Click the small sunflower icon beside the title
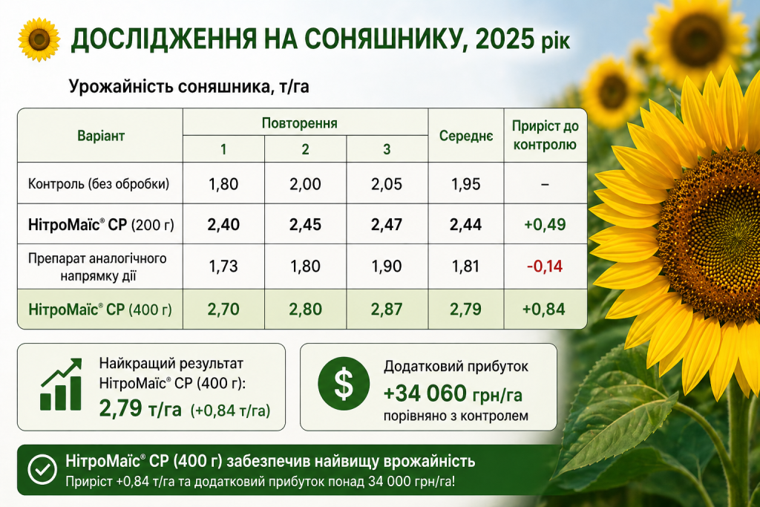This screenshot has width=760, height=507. pyautogui.click(x=39, y=39)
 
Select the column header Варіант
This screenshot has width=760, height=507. pyautogui.click(x=101, y=136)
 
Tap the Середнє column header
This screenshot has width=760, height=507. pyautogui.click(x=466, y=136)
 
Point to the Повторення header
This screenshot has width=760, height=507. pyautogui.click(x=300, y=123)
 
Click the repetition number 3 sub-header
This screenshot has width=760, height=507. pyautogui.click(x=387, y=149)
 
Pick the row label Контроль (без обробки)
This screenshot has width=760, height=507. pyautogui.click(x=99, y=184)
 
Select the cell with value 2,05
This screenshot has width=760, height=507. pyautogui.click(x=387, y=184)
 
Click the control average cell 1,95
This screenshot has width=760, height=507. pyautogui.click(x=466, y=184)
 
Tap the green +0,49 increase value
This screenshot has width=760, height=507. pyautogui.click(x=545, y=224)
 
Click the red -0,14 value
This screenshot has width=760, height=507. pyautogui.click(x=545, y=266)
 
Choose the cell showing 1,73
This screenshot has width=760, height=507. pyautogui.click(x=223, y=266)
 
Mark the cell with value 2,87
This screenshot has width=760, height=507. pyautogui.click(x=387, y=310)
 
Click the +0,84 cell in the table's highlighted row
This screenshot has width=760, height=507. pyautogui.click(x=544, y=310)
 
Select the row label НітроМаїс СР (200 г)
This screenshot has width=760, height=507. pyautogui.click(x=101, y=225)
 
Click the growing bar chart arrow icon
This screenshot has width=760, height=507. pyautogui.click(x=61, y=385)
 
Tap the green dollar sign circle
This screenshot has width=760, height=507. pyautogui.click(x=344, y=383)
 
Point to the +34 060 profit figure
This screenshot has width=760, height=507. pyautogui.click(x=425, y=393)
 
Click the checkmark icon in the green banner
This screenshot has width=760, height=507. pyautogui.click(x=42, y=469)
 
